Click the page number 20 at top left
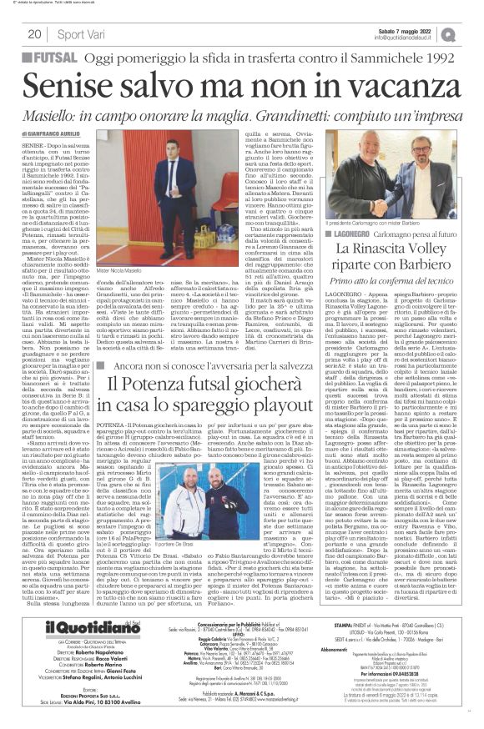click(35, 33)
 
